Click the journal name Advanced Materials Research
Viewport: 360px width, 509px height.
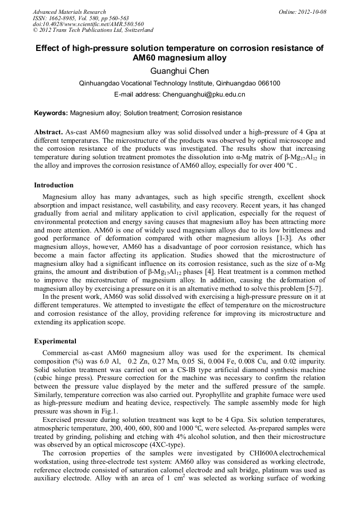pos(69,12)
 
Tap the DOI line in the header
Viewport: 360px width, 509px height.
pos(88,24)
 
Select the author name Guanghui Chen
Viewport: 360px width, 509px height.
pos(180,71)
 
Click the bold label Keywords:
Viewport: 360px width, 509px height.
pos(51,113)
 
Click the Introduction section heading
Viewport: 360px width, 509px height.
pos(54,185)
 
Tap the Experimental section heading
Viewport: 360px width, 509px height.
pos(55,341)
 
